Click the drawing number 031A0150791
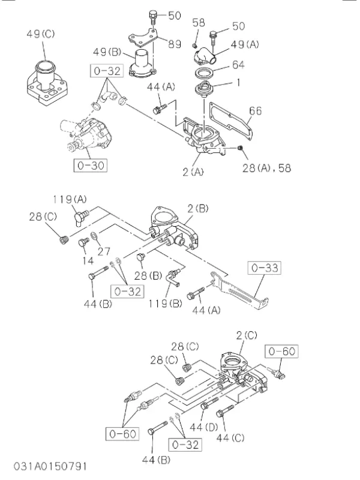coord(50,466)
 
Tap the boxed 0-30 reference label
coord(91,166)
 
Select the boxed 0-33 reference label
coord(265,268)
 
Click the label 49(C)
coord(40,34)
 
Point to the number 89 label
coord(175,44)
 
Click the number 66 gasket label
coord(256,111)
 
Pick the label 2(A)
coord(193,172)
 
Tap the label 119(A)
coord(70,200)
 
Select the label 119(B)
coord(166,304)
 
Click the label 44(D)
coord(204,427)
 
